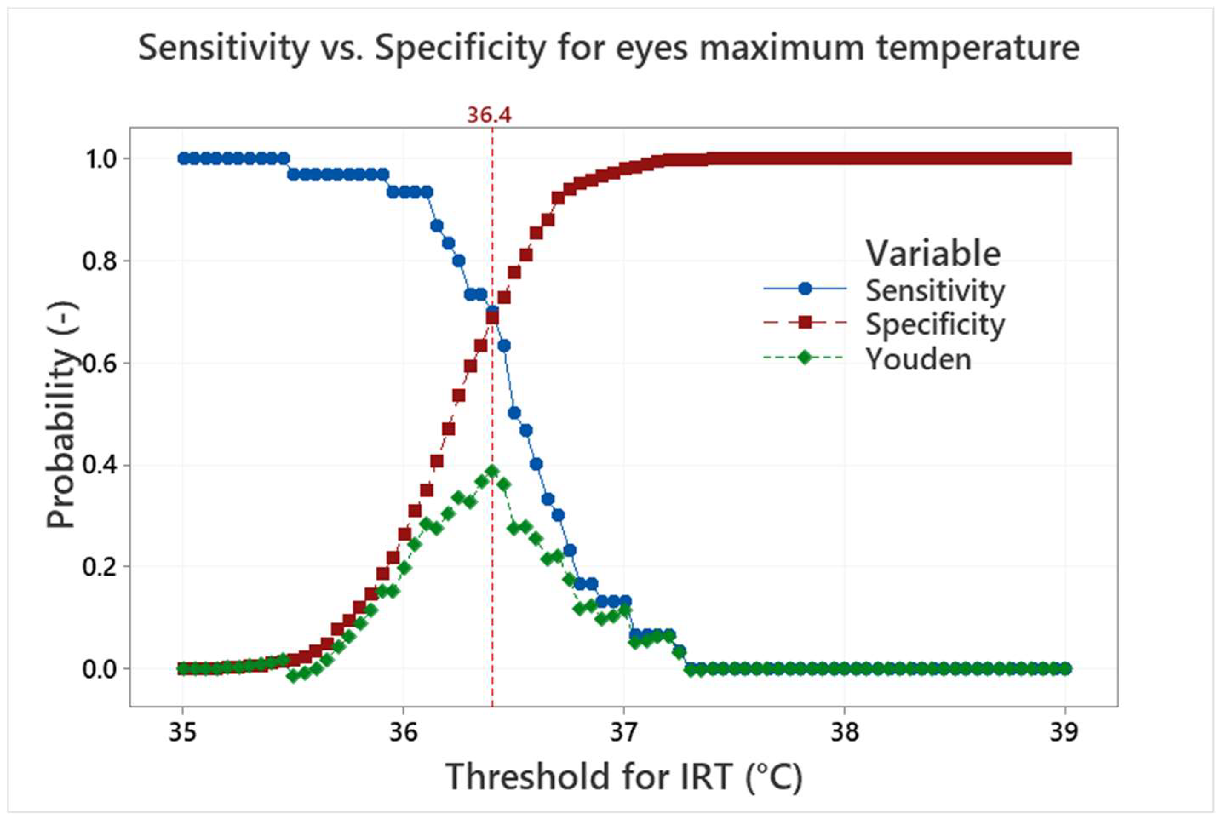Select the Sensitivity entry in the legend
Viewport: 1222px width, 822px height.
pyautogui.click(x=934, y=290)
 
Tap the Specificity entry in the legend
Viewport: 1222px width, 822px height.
pyautogui.click(x=934, y=324)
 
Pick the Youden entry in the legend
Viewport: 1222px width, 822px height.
pyautogui.click(x=918, y=359)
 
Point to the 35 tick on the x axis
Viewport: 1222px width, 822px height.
pyautogui.click(x=182, y=732)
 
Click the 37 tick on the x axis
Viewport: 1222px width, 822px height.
pyautogui.click(x=623, y=732)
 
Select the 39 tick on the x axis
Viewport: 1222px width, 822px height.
pyautogui.click(x=1064, y=732)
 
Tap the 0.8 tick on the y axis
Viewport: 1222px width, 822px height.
pyautogui.click(x=99, y=261)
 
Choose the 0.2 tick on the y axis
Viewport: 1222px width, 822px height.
pyautogui.click(x=99, y=567)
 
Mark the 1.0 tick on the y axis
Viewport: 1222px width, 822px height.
pyautogui.click(x=99, y=159)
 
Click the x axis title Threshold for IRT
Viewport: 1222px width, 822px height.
pyautogui.click(x=623, y=777)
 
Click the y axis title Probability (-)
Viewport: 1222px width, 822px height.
pyautogui.click(x=61, y=414)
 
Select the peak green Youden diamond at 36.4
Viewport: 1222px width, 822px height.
pyautogui.click(x=492, y=471)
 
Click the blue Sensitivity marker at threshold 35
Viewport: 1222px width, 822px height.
pyautogui.click(x=183, y=158)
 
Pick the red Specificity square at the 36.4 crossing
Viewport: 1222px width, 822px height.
pyautogui.click(x=492, y=318)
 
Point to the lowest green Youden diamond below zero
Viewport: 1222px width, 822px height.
pyautogui.click(x=293, y=676)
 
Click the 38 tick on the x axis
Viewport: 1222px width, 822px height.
pyautogui.click(x=844, y=732)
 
